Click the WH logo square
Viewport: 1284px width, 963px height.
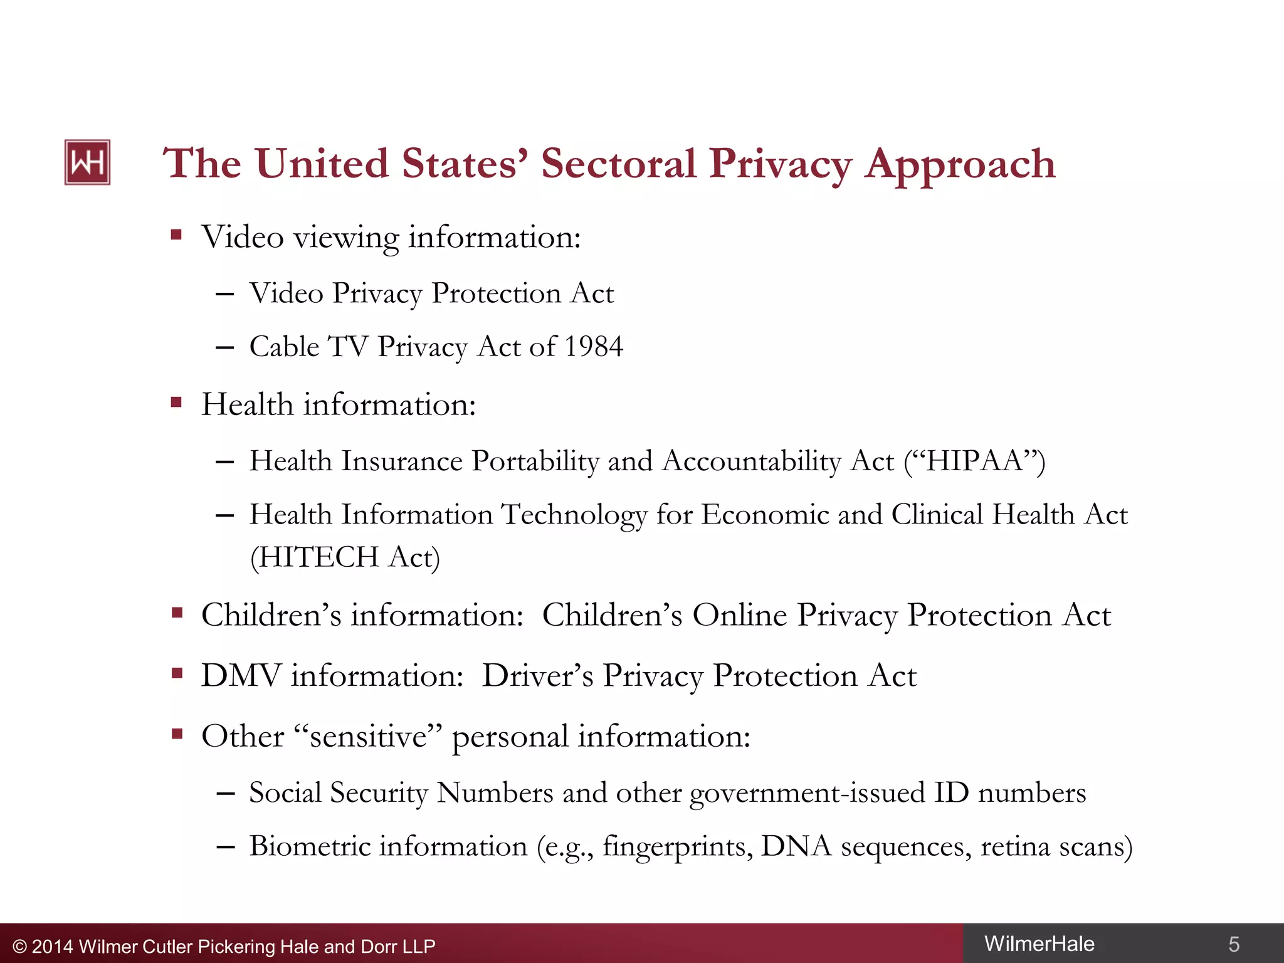[x=87, y=162]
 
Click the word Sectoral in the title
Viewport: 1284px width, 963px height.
[x=618, y=164]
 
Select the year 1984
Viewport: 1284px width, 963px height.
[x=593, y=347]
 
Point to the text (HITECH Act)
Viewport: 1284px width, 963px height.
[x=345, y=557]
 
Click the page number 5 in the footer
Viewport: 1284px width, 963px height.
[x=1233, y=944]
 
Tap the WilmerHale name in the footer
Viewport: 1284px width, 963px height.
[x=1039, y=944]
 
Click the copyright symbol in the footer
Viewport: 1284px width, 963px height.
[x=19, y=947]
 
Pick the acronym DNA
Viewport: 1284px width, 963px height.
[x=796, y=846]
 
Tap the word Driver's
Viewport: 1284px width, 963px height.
[x=537, y=676]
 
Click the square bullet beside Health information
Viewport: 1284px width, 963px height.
[x=176, y=402]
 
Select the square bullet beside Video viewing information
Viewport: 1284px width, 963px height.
[x=176, y=235]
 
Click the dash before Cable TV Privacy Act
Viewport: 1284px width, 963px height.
[x=224, y=347]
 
